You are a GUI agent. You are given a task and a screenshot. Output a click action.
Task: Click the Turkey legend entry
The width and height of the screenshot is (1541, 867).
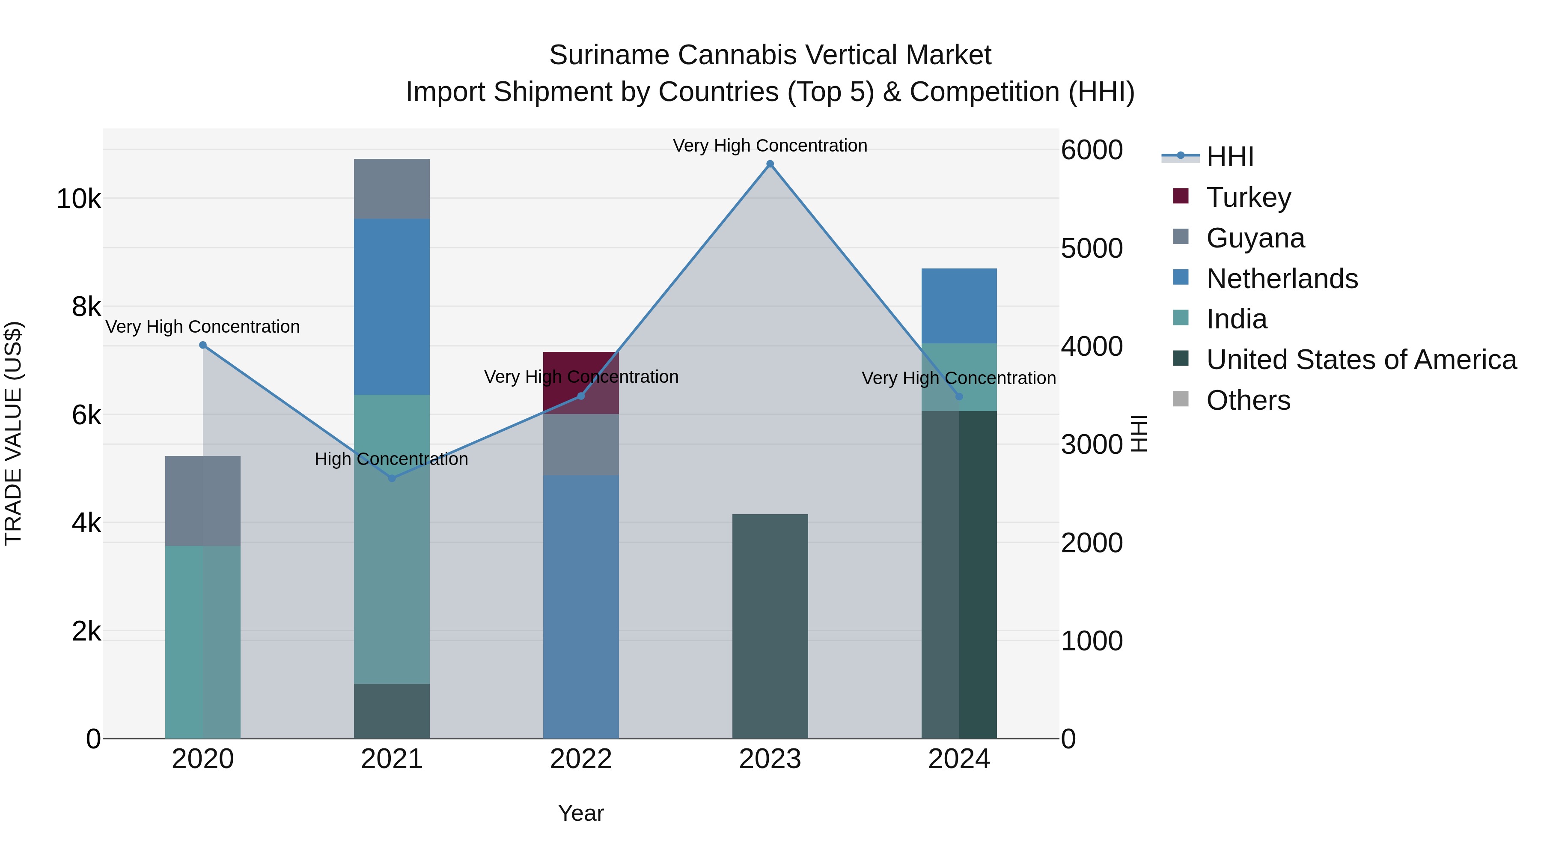tap(1249, 197)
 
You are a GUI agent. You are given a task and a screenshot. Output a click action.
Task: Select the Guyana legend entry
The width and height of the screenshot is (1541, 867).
tap(1255, 238)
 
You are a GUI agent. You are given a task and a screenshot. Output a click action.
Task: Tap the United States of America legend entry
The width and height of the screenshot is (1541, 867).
tap(1361, 360)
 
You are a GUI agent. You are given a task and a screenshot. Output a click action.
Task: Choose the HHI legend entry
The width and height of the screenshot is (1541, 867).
tap(1229, 157)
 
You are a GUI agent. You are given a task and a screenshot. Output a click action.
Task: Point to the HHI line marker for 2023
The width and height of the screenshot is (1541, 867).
tap(770, 164)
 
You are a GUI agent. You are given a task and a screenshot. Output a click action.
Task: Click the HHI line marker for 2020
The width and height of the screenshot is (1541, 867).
tap(203, 345)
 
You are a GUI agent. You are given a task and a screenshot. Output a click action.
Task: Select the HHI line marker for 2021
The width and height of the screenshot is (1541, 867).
tap(392, 478)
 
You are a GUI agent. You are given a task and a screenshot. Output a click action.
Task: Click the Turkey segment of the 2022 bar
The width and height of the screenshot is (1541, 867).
tap(581, 371)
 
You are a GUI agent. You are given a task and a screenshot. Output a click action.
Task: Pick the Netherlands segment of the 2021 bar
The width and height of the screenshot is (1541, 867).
tap(392, 307)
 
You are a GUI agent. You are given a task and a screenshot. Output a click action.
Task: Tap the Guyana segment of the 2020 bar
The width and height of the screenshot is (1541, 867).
tap(203, 501)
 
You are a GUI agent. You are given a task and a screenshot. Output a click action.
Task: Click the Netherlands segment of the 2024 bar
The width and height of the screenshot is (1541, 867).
tap(959, 305)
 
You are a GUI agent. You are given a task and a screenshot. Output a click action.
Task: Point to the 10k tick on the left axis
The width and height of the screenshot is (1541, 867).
tap(78, 199)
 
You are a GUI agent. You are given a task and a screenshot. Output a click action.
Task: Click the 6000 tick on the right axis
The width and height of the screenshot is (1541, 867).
tap(1092, 150)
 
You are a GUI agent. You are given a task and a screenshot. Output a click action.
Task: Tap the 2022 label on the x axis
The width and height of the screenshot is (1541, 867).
tap(581, 759)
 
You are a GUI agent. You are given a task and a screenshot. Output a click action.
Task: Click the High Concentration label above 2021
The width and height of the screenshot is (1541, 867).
tap(391, 459)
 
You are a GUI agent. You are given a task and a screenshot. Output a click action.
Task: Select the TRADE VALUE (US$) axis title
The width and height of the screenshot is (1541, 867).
tap(13, 433)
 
